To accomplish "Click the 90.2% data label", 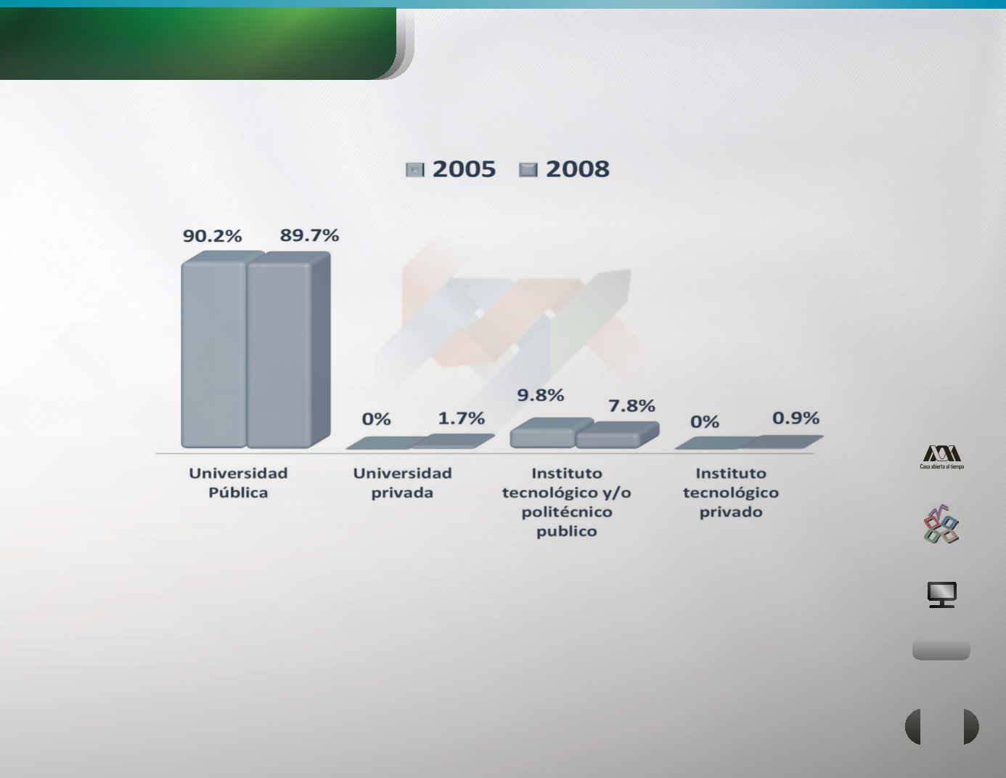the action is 213,236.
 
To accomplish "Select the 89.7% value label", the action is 309,235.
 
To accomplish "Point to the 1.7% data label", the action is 461,418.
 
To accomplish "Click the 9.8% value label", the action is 540,395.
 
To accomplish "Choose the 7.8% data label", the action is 631,406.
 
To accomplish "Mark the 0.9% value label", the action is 796,418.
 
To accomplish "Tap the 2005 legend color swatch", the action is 414,169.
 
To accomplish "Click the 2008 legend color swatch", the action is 528,169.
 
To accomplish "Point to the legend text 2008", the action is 577,169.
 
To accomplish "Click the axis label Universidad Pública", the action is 238,483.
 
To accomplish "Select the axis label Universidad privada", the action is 402,483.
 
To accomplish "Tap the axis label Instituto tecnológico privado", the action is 730,493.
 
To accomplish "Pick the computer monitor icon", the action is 941,594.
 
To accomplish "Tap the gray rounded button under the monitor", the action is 941,649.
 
